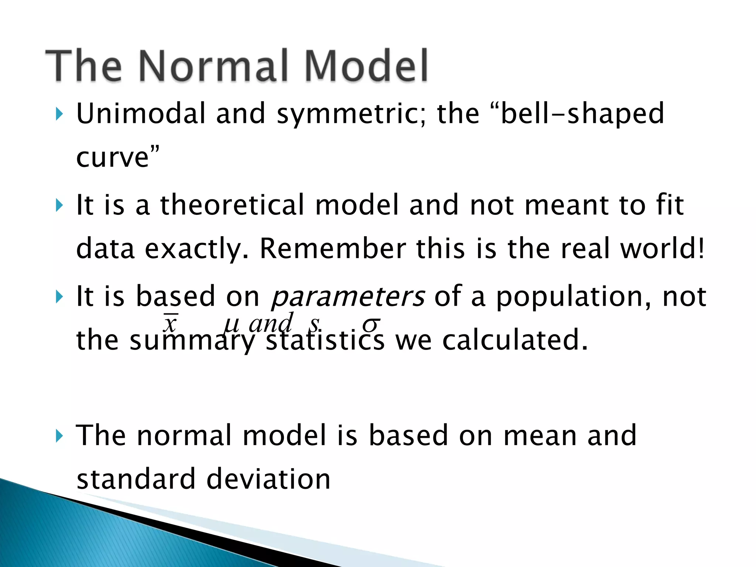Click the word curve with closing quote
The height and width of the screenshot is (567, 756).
(118, 158)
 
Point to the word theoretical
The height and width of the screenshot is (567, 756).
(232, 205)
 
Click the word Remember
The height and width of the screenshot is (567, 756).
(333, 248)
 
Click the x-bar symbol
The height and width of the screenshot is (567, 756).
(170, 323)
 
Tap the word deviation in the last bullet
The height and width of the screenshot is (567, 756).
(268, 479)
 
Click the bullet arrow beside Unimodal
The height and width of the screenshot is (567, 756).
(59, 114)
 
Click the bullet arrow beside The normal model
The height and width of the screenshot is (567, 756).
(59, 436)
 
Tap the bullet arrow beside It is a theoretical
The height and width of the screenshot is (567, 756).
(59, 205)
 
